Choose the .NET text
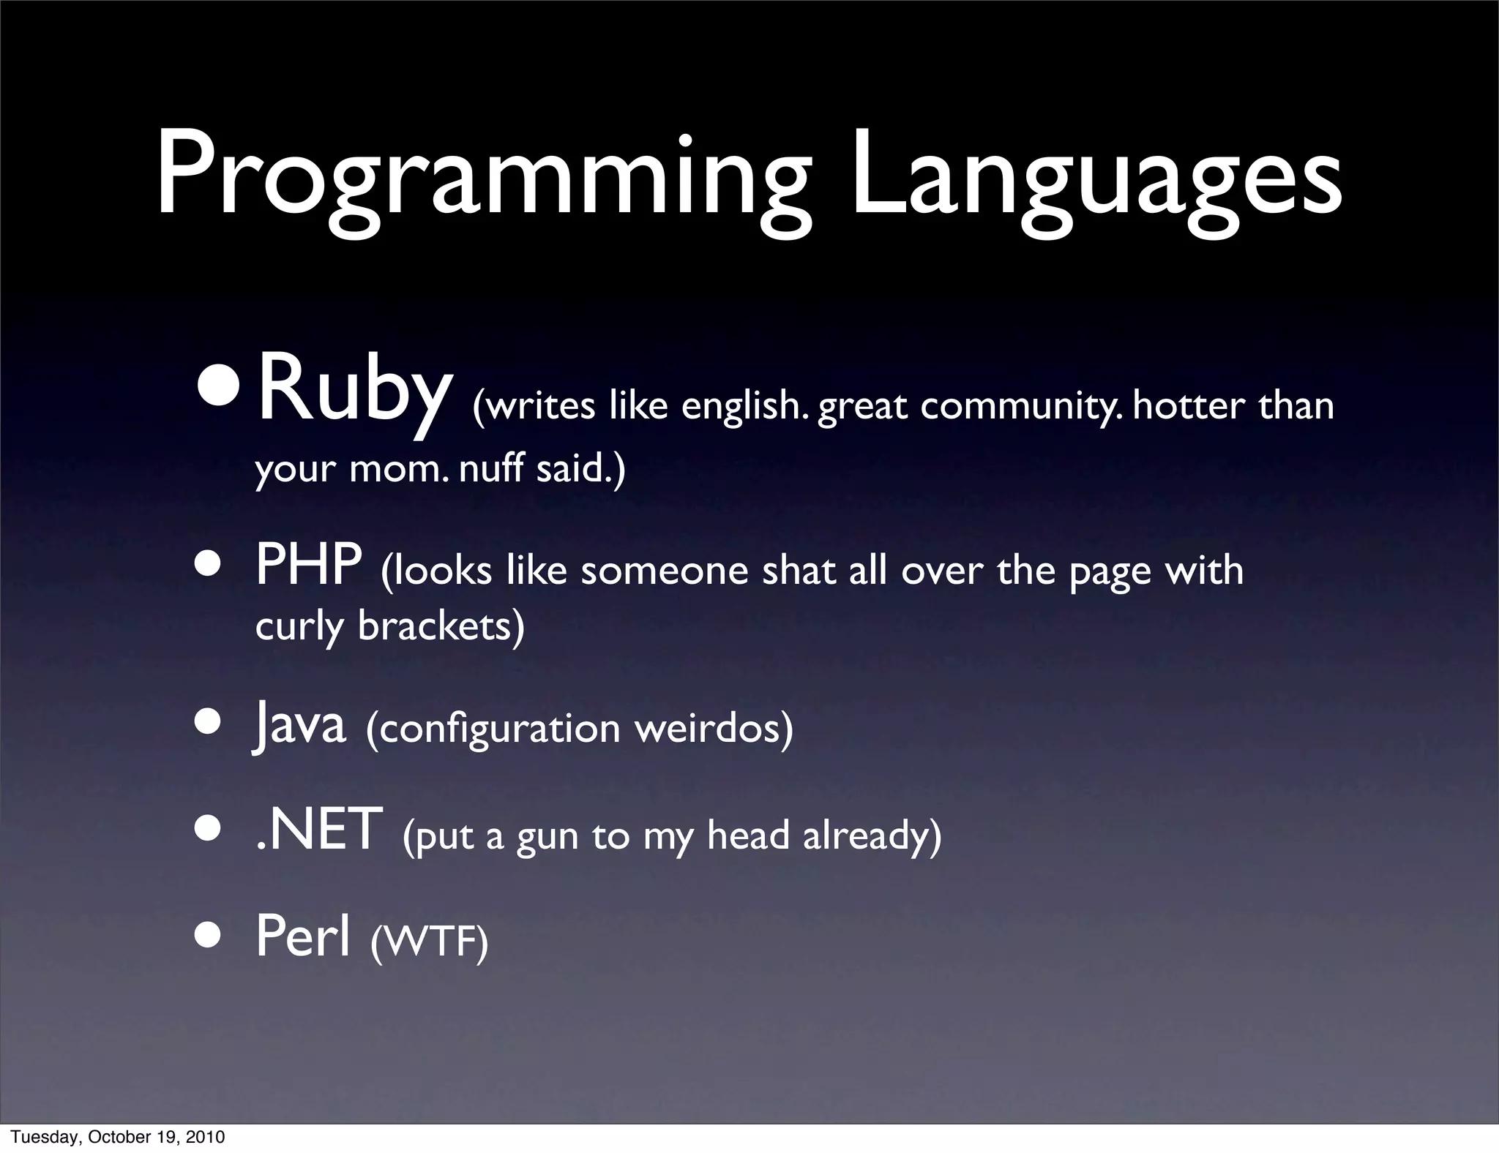point(320,830)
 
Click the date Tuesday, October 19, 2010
point(118,1138)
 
